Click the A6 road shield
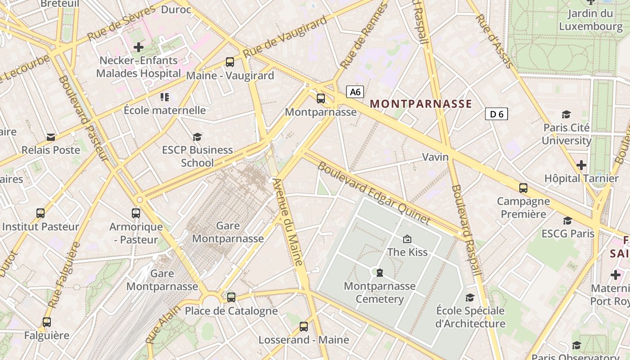[355, 92]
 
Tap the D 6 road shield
[496, 114]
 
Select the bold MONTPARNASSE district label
[421, 104]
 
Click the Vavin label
[435, 157]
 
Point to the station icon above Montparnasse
[320, 98]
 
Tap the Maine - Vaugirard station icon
[229, 62]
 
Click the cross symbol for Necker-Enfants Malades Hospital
[139, 47]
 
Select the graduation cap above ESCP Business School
[197, 137]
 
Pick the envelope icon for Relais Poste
[51, 137]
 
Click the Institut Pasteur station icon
[40, 213]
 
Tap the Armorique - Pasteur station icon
[136, 213]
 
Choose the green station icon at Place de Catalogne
[231, 297]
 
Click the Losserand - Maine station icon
[304, 327]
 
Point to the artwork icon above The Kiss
[407, 239]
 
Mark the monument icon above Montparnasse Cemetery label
[380, 273]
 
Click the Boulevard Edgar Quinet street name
[373, 193]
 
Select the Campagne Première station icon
[523, 188]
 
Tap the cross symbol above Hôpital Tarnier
[581, 165]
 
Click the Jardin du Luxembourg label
[590, 20]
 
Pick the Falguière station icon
[47, 322]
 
